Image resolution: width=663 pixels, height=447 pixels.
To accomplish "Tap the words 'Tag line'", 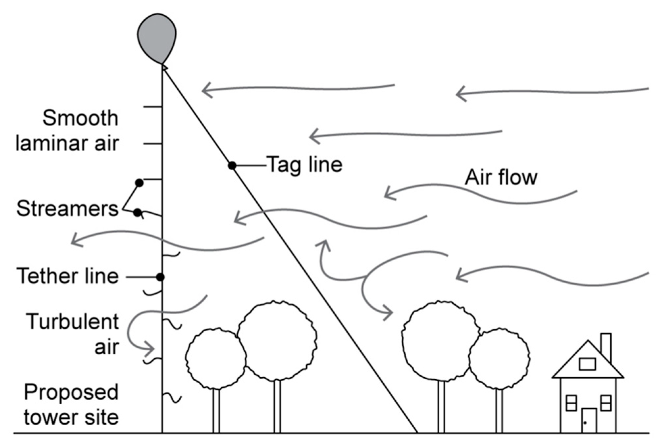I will coord(304,164).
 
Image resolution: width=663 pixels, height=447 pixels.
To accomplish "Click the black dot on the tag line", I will coord(232,165).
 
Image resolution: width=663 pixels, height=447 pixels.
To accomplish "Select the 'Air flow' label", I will coord(501,178).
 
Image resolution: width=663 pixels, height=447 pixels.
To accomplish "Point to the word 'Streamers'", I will coord(67,209).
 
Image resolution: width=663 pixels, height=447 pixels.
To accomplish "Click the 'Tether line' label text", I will coord(68,276).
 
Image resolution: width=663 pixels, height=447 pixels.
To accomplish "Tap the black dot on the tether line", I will coord(160,277).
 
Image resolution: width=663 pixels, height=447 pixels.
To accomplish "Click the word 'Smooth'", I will coord(80,118).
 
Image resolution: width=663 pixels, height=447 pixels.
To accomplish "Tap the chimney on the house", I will coord(606,347).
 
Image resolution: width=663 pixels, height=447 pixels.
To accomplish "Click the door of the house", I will coord(589,420).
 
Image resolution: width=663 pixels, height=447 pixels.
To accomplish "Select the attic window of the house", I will coord(587,364).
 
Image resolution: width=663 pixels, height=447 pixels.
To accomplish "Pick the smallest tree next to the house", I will coord(499,358).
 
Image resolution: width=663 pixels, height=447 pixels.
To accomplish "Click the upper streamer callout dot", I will coord(140,183).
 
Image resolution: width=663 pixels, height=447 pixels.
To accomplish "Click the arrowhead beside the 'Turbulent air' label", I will coord(150,349).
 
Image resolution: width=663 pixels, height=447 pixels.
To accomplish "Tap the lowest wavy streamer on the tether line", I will coord(173,398).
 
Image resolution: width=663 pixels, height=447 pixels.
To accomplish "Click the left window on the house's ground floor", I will coord(571,403).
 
